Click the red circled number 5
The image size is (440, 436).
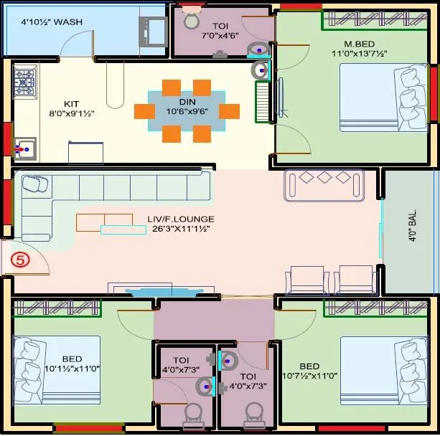tap(21, 260)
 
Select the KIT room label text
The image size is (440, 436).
tap(71, 103)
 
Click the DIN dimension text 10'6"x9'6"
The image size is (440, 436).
tap(187, 112)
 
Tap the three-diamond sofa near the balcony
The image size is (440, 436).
tap(324, 185)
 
